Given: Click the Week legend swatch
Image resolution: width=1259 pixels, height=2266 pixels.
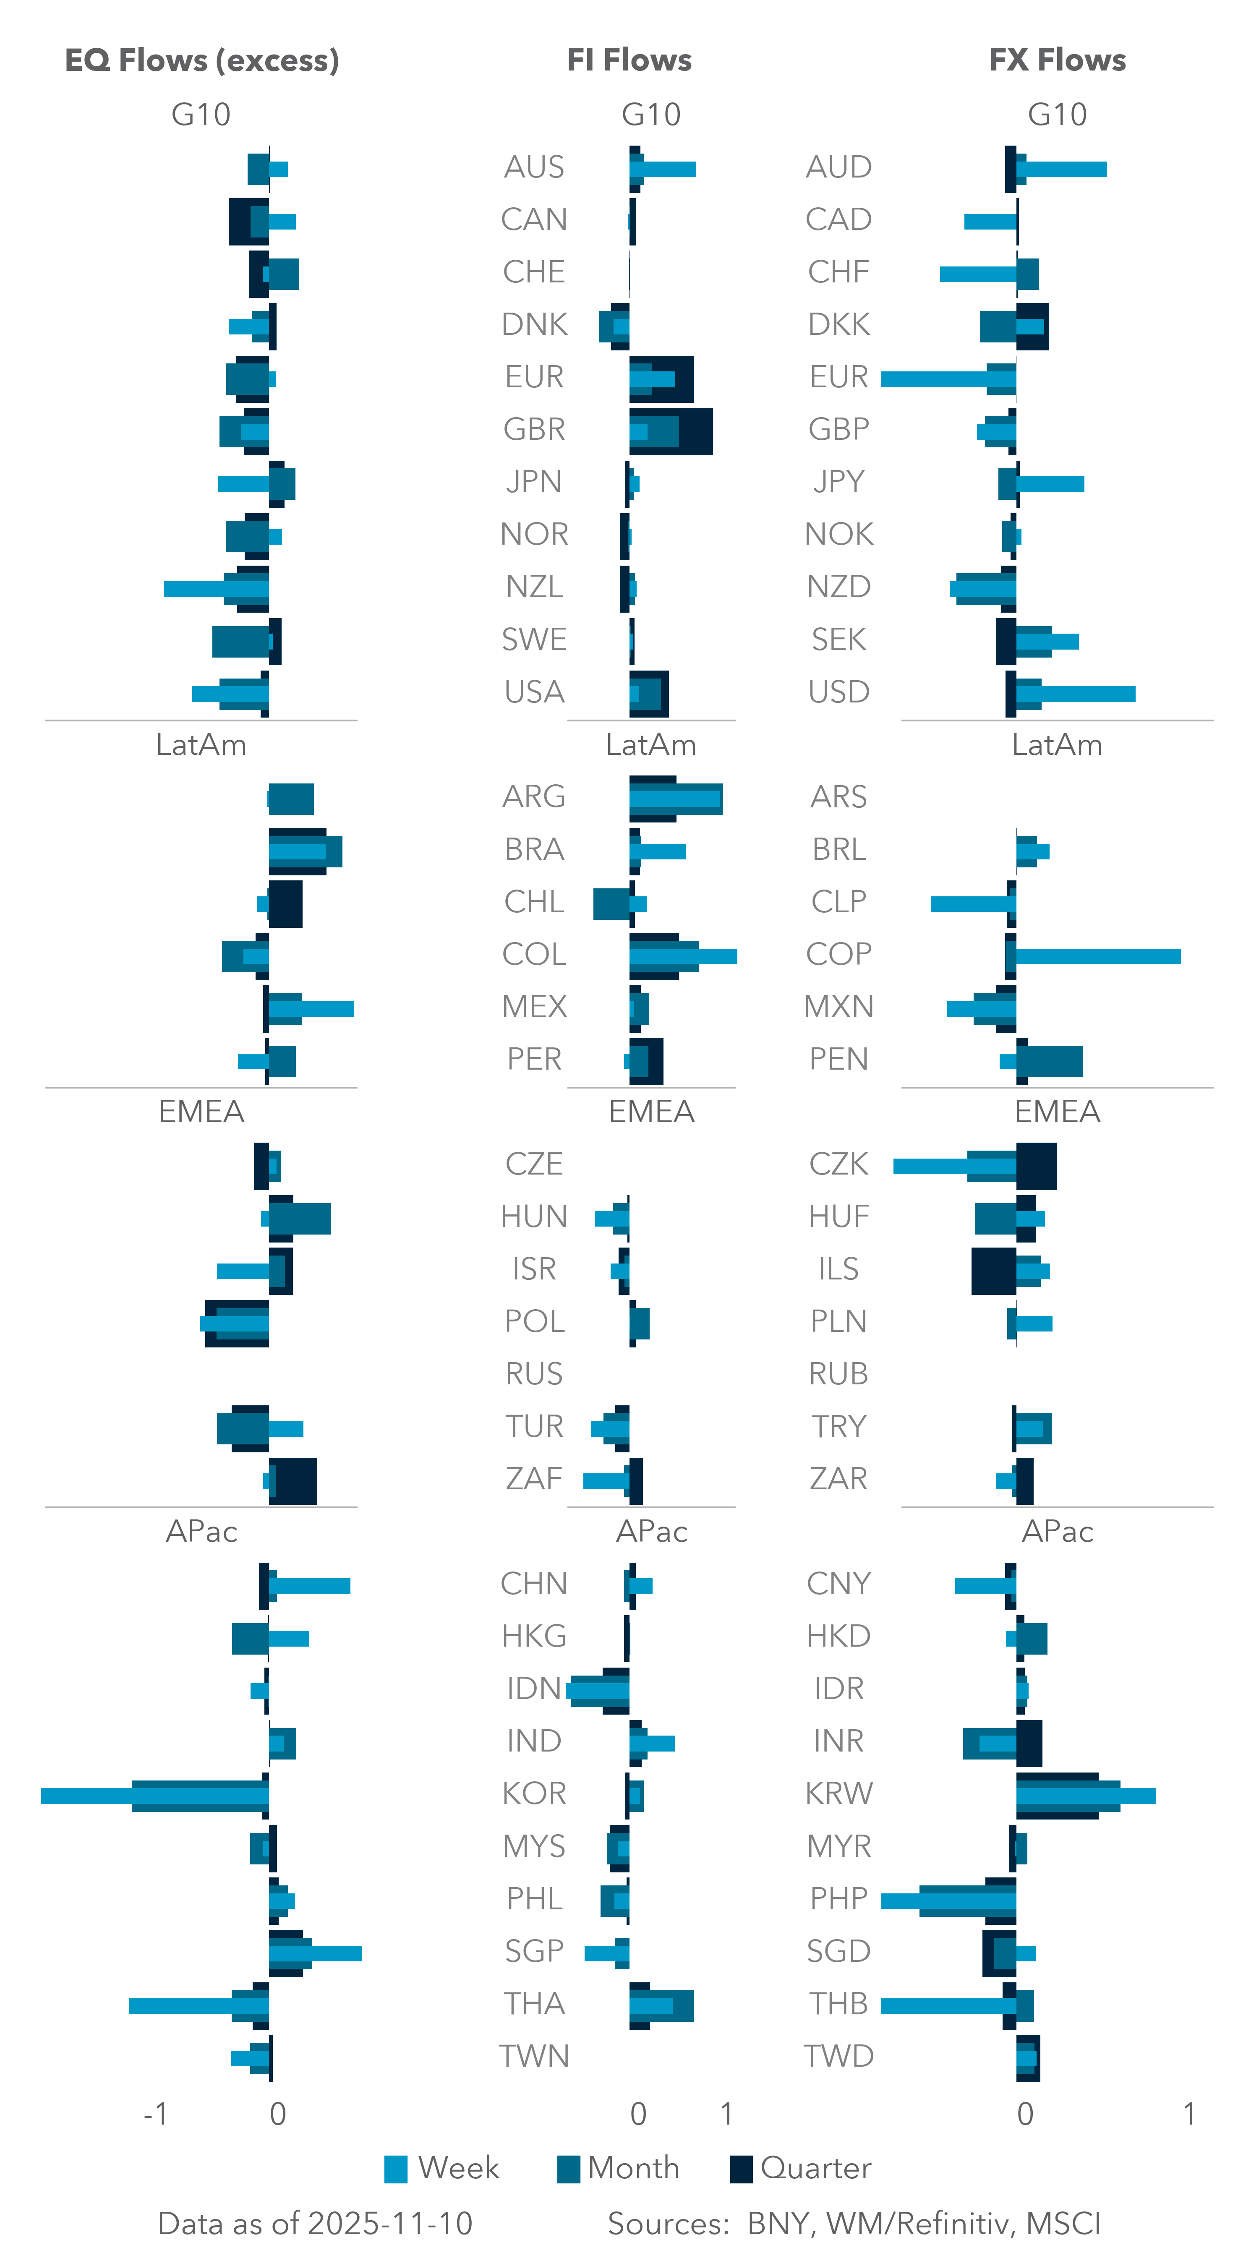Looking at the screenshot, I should tap(396, 2169).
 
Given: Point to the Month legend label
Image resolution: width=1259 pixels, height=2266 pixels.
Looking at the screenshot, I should tap(633, 2167).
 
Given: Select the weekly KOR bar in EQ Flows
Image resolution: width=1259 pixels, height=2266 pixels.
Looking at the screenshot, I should tap(88, 1795).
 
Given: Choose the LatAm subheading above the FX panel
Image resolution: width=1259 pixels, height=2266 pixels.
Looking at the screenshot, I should tap(1057, 745).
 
